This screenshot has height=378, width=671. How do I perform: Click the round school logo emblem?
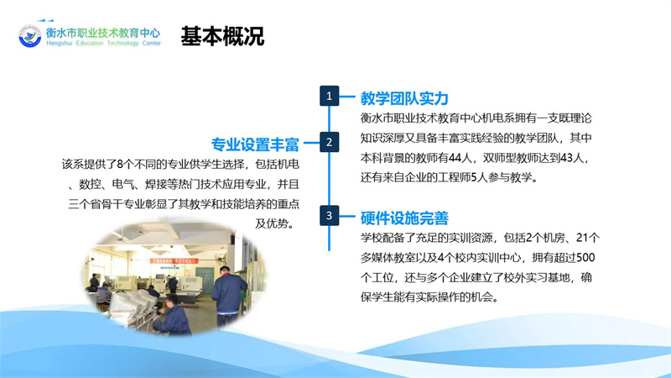pos(30,36)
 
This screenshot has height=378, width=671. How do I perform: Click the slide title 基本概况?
pos(222,36)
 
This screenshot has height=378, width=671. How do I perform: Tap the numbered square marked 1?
pos(329,96)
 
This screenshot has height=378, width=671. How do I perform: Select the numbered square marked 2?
pos(329,142)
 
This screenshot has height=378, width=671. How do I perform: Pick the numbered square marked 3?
pos(329,215)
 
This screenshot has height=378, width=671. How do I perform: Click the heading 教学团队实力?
pos(404,98)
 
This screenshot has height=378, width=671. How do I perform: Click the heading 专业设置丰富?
pos(255,144)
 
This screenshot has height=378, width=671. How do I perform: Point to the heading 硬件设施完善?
pos(404,218)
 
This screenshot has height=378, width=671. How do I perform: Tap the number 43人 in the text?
pos(572,158)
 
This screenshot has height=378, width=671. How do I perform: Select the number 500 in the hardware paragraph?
pos(585,257)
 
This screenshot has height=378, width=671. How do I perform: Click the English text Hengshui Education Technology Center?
pos(103,44)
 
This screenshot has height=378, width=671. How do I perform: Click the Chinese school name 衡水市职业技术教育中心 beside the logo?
pos(103,33)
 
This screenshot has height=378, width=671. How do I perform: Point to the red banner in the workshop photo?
pos(174,260)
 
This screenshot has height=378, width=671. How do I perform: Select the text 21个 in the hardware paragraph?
pos(588,238)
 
